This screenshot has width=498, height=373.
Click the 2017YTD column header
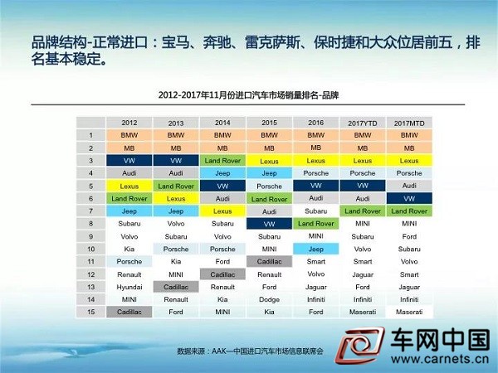click(x=363, y=123)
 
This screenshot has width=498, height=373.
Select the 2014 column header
click(x=222, y=123)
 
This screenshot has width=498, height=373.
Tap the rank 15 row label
click(x=90, y=312)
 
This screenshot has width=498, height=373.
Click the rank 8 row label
click(x=90, y=224)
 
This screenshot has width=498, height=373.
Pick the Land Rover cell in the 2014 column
click(x=222, y=161)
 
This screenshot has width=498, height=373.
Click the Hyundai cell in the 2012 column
click(x=129, y=287)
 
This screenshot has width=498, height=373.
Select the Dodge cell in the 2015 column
click(x=269, y=299)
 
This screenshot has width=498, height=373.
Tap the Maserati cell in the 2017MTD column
click(x=409, y=312)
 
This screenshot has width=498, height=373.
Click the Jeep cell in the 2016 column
click(x=315, y=249)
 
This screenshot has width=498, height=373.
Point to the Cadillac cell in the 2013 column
click(x=176, y=287)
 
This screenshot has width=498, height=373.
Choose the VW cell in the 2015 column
click(x=269, y=224)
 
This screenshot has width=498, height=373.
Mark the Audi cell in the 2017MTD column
click(x=409, y=186)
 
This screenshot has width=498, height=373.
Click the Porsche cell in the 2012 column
click(x=129, y=262)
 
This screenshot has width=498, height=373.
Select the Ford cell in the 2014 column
click(x=222, y=262)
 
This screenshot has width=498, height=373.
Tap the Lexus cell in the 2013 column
click(x=176, y=199)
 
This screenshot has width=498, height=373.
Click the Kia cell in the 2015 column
click(x=269, y=312)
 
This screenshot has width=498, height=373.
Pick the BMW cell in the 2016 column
click(x=315, y=135)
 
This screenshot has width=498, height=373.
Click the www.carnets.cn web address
click(x=440, y=360)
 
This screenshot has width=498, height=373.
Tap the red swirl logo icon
click(x=360, y=345)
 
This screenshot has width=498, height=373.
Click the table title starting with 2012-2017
click(x=248, y=95)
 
